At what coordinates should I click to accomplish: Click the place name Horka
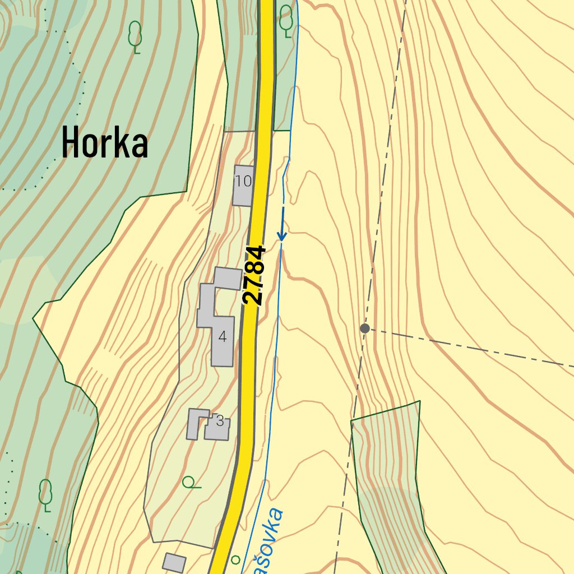[104, 142]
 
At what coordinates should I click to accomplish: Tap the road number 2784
[253, 275]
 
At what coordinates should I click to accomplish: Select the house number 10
[243, 181]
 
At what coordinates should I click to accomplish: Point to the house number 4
[223, 337]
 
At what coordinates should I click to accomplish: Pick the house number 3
[220, 421]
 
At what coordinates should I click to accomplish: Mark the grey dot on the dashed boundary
[365, 328]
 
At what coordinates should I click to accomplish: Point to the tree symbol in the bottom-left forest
[45, 495]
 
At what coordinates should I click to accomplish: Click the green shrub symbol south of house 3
[191, 482]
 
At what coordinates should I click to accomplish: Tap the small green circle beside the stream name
[235, 559]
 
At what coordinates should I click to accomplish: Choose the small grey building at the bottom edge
[174, 562]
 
